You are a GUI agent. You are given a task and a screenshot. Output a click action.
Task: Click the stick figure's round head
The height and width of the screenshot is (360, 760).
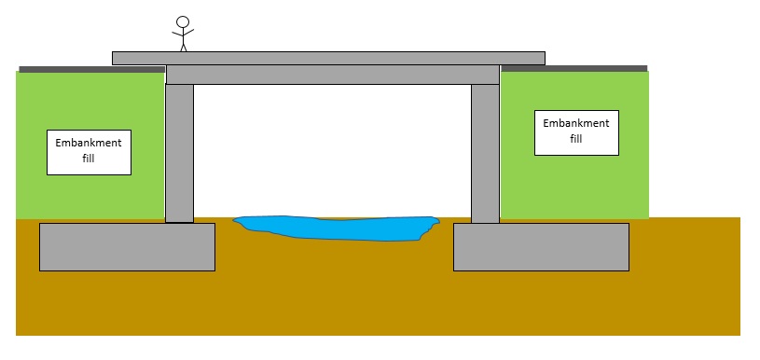(x=183, y=22)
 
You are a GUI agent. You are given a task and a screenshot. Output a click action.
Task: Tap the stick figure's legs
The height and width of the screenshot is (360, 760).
(x=183, y=45)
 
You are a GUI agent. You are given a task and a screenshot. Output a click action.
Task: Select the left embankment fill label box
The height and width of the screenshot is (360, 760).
(x=89, y=151)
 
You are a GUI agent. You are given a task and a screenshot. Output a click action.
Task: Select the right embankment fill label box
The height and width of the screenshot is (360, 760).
(x=576, y=132)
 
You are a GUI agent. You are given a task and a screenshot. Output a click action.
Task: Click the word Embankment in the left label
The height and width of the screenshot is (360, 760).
(x=89, y=143)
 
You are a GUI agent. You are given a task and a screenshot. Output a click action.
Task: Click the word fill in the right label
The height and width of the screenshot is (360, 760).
(x=575, y=140)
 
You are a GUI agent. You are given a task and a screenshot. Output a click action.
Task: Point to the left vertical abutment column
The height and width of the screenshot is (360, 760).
(x=179, y=153)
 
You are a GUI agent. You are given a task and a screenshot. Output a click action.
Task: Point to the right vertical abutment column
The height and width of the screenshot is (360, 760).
(x=485, y=153)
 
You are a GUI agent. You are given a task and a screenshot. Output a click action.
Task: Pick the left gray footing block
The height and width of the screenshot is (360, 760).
(x=127, y=247)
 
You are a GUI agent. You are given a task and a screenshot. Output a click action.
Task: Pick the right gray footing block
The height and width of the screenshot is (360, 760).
(x=541, y=247)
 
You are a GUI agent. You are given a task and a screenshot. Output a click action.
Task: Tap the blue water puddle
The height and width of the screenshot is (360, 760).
(x=336, y=227)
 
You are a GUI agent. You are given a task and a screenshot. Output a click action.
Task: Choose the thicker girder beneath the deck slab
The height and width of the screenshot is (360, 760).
(x=333, y=75)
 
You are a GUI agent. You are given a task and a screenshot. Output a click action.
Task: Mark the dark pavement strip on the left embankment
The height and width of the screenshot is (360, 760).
(x=91, y=68)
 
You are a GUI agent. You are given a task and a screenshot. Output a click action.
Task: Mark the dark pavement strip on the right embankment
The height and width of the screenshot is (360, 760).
(x=573, y=68)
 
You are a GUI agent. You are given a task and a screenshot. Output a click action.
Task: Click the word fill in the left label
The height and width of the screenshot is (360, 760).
(x=89, y=159)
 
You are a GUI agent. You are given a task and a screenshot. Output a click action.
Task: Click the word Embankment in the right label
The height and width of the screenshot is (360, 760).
(x=575, y=123)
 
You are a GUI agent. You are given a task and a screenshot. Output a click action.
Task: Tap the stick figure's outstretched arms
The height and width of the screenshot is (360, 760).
(x=183, y=34)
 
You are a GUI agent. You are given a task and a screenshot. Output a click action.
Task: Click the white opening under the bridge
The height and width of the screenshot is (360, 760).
(x=332, y=149)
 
